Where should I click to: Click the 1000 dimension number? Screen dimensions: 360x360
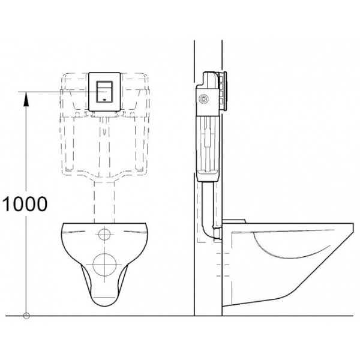tap(25, 204)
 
